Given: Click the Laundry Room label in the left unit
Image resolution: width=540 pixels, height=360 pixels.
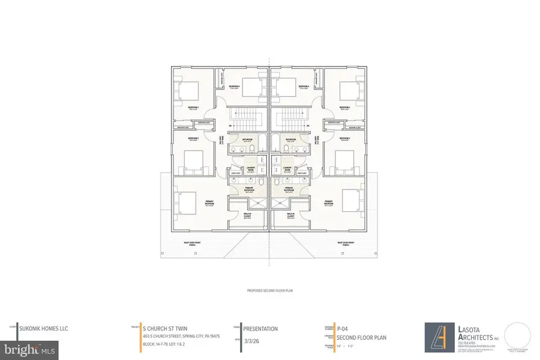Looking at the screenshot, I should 250,169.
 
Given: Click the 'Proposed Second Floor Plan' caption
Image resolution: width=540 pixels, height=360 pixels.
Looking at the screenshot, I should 269,290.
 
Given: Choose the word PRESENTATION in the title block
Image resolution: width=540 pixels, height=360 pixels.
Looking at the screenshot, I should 260,329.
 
